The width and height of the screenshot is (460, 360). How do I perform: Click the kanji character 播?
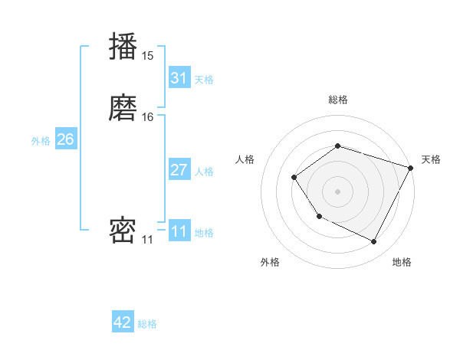(x=123, y=47)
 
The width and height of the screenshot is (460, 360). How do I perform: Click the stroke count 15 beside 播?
(x=148, y=55)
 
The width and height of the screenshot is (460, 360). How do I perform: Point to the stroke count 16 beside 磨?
(x=148, y=117)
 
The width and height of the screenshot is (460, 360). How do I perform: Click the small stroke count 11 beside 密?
(x=147, y=240)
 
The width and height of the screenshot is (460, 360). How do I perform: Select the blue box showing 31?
(x=179, y=78)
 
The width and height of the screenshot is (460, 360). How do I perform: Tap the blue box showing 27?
(x=179, y=170)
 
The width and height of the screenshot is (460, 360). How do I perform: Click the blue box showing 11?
(x=179, y=231)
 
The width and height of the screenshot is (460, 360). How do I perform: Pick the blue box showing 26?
(x=66, y=139)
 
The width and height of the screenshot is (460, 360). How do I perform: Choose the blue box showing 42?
(x=123, y=322)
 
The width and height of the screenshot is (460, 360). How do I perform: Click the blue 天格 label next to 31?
(x=204, y=80)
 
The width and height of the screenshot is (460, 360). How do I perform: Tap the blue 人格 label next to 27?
(x=204, y=172)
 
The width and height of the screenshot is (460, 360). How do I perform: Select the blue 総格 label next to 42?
(x=147, y=324)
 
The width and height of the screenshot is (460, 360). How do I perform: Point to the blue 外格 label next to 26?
(x=41, y=141)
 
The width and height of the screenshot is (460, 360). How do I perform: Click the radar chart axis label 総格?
(x=337, y=100)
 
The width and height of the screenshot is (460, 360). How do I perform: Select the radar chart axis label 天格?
(x=431, y=159)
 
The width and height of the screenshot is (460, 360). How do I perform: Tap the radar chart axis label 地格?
(x=402, y=263)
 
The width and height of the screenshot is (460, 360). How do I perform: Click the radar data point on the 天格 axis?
(x=410, y=167)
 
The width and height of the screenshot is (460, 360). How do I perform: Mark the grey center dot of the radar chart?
(x=337, y=191)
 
